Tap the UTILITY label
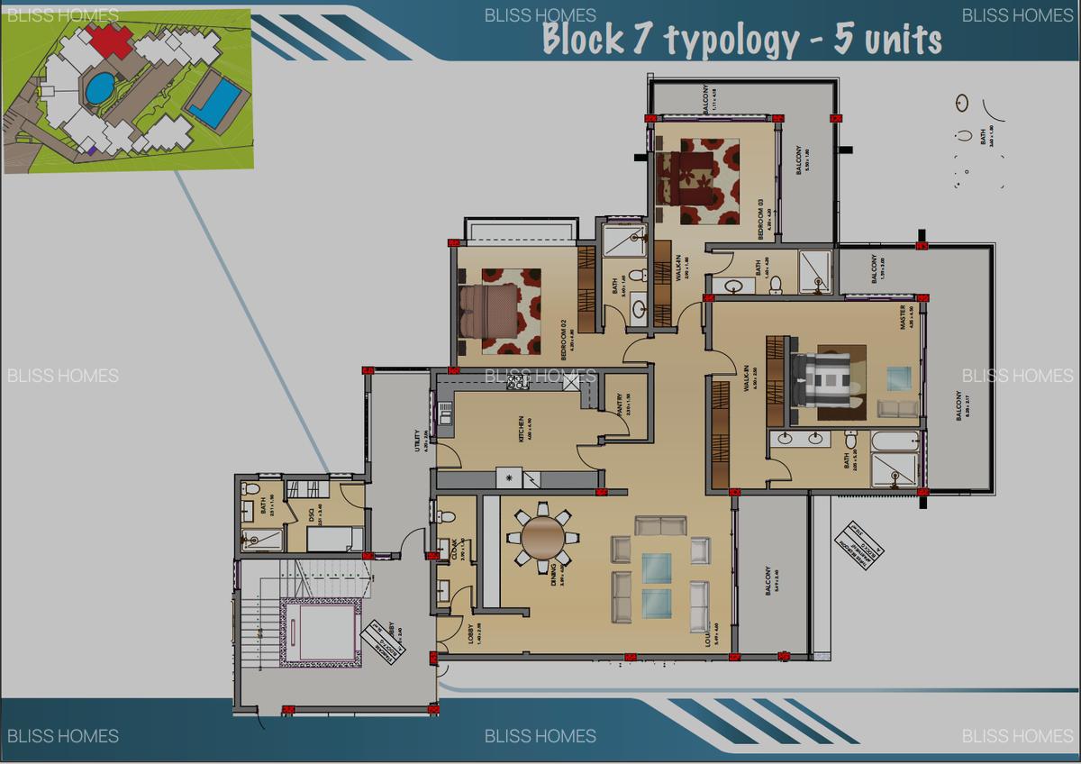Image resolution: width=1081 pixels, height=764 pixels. point(416,441)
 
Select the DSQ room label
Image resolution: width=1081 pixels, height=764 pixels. point(312,516)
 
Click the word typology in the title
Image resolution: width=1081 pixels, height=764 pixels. point(731,41)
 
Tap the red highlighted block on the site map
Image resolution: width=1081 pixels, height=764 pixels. point(111,39)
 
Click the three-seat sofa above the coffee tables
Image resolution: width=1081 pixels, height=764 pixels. point(659,525)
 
